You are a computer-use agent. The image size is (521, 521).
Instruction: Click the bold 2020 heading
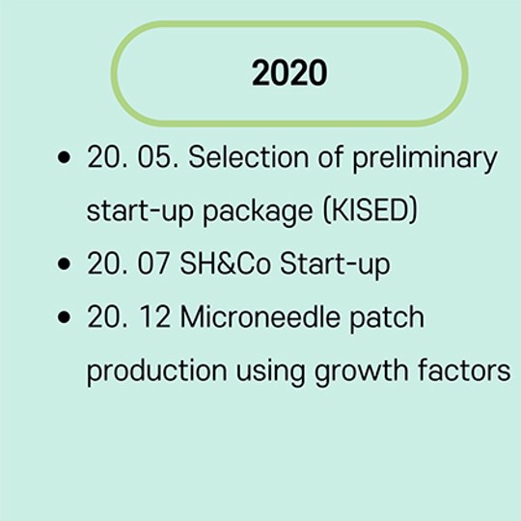(289, 72)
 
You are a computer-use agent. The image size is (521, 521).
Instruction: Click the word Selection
(249, 157)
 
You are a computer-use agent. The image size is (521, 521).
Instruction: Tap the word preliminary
(425, 159)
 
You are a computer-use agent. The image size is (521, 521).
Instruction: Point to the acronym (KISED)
(370, 210)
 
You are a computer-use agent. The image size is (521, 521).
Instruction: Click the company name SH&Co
(225, 263)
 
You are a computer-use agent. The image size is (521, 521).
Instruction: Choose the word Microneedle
(260, 317)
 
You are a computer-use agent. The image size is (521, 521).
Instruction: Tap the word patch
(387, 319)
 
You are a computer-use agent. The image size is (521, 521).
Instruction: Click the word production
(157, 372)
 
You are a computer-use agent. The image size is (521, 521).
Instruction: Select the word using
(270, 372)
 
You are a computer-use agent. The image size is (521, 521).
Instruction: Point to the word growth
(361, 372)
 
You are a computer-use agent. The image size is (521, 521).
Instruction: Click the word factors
(464, 370)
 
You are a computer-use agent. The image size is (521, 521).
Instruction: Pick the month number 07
(153, 263)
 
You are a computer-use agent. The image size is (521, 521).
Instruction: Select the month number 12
(154, 317)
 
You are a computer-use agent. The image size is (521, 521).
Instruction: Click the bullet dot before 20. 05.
(64, 157)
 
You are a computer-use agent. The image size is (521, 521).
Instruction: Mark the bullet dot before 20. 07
(64, 263)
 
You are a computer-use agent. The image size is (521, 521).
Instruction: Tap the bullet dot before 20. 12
(64, 317)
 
